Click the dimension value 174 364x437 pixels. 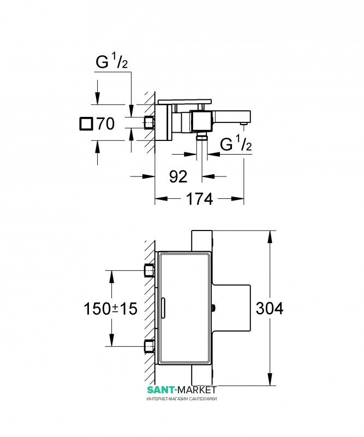[x=199, y=199]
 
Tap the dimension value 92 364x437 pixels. [x=178, y=176]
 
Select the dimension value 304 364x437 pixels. [x=269, y=308]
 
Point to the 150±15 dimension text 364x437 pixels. [x=111, y=309]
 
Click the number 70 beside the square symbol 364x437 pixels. [x=105, y=124]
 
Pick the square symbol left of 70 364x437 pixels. [x=86, y=124]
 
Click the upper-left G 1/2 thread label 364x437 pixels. [x=112, y=61]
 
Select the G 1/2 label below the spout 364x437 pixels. [x=236, y=143]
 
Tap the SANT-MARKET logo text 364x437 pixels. [x=182, y=389]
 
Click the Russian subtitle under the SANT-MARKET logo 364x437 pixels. [x=182, y=399]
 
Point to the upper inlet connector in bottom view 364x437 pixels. [x=150, y=270]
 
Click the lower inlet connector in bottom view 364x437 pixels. [x=150, y=346]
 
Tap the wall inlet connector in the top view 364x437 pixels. [x=150, y=123]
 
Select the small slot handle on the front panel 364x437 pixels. [x=164, y=309]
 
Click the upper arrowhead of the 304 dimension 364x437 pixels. [x=270, y=237]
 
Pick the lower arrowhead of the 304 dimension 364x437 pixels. [x=270, y=380]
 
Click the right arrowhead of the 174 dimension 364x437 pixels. [x=237, y=199]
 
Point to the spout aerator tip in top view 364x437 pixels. [x=244, y=123]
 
